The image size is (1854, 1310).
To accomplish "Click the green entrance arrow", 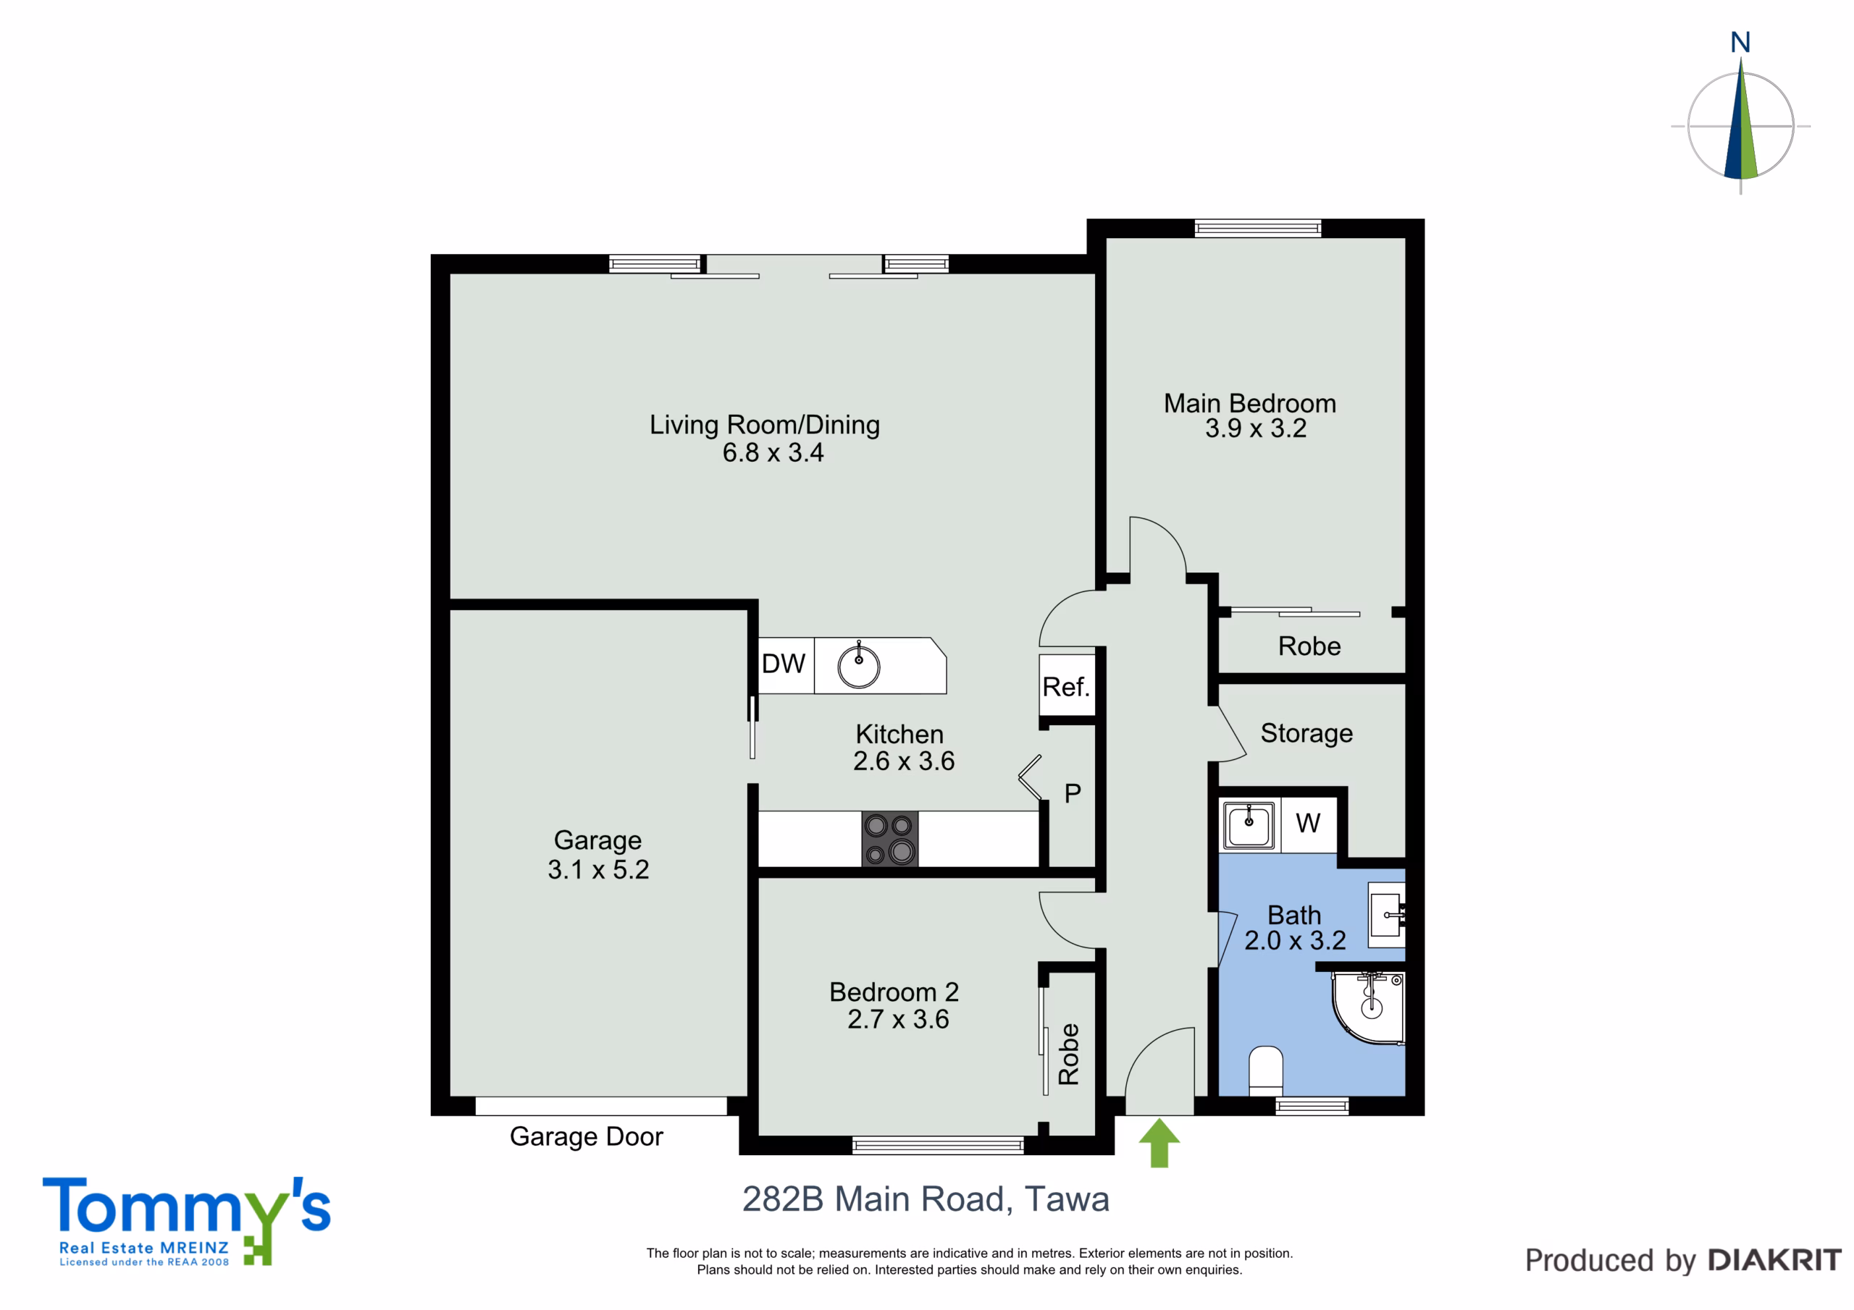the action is [x=1159, y=1142].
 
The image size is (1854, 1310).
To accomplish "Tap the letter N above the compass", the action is [x=1740, y=42].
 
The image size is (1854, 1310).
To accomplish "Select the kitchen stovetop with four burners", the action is [x=889, y=839].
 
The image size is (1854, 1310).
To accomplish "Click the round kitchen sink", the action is [x=858, y=666].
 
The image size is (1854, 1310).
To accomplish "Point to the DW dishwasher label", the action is [x=784, y=664].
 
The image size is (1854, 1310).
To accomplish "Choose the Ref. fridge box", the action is [x=1067, y=685].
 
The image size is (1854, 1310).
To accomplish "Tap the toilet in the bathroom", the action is [x=1265, y=1070].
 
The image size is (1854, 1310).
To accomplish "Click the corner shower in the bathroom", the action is [x=1369, y=1008].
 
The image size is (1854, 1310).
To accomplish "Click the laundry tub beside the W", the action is [x=1249, y=824].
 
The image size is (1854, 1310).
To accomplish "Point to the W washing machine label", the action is [x=1308, y=824].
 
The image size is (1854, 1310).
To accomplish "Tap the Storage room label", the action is [x=1306, y=733].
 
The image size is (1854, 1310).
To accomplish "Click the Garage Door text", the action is [x=586, y=1136].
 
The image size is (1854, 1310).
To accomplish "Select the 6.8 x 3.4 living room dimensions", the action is [x=773, y=453].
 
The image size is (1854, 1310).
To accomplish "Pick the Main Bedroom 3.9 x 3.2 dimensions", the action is [x=1256, y=428].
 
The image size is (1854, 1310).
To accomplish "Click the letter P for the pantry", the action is [x=1073, y=793].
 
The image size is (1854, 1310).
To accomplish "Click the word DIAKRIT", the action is [x=1775, y=1260].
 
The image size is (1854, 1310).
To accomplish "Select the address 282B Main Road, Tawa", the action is [x=926, y=1199].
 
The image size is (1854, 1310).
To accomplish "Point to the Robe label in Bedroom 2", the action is [x=1068, y=1053].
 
